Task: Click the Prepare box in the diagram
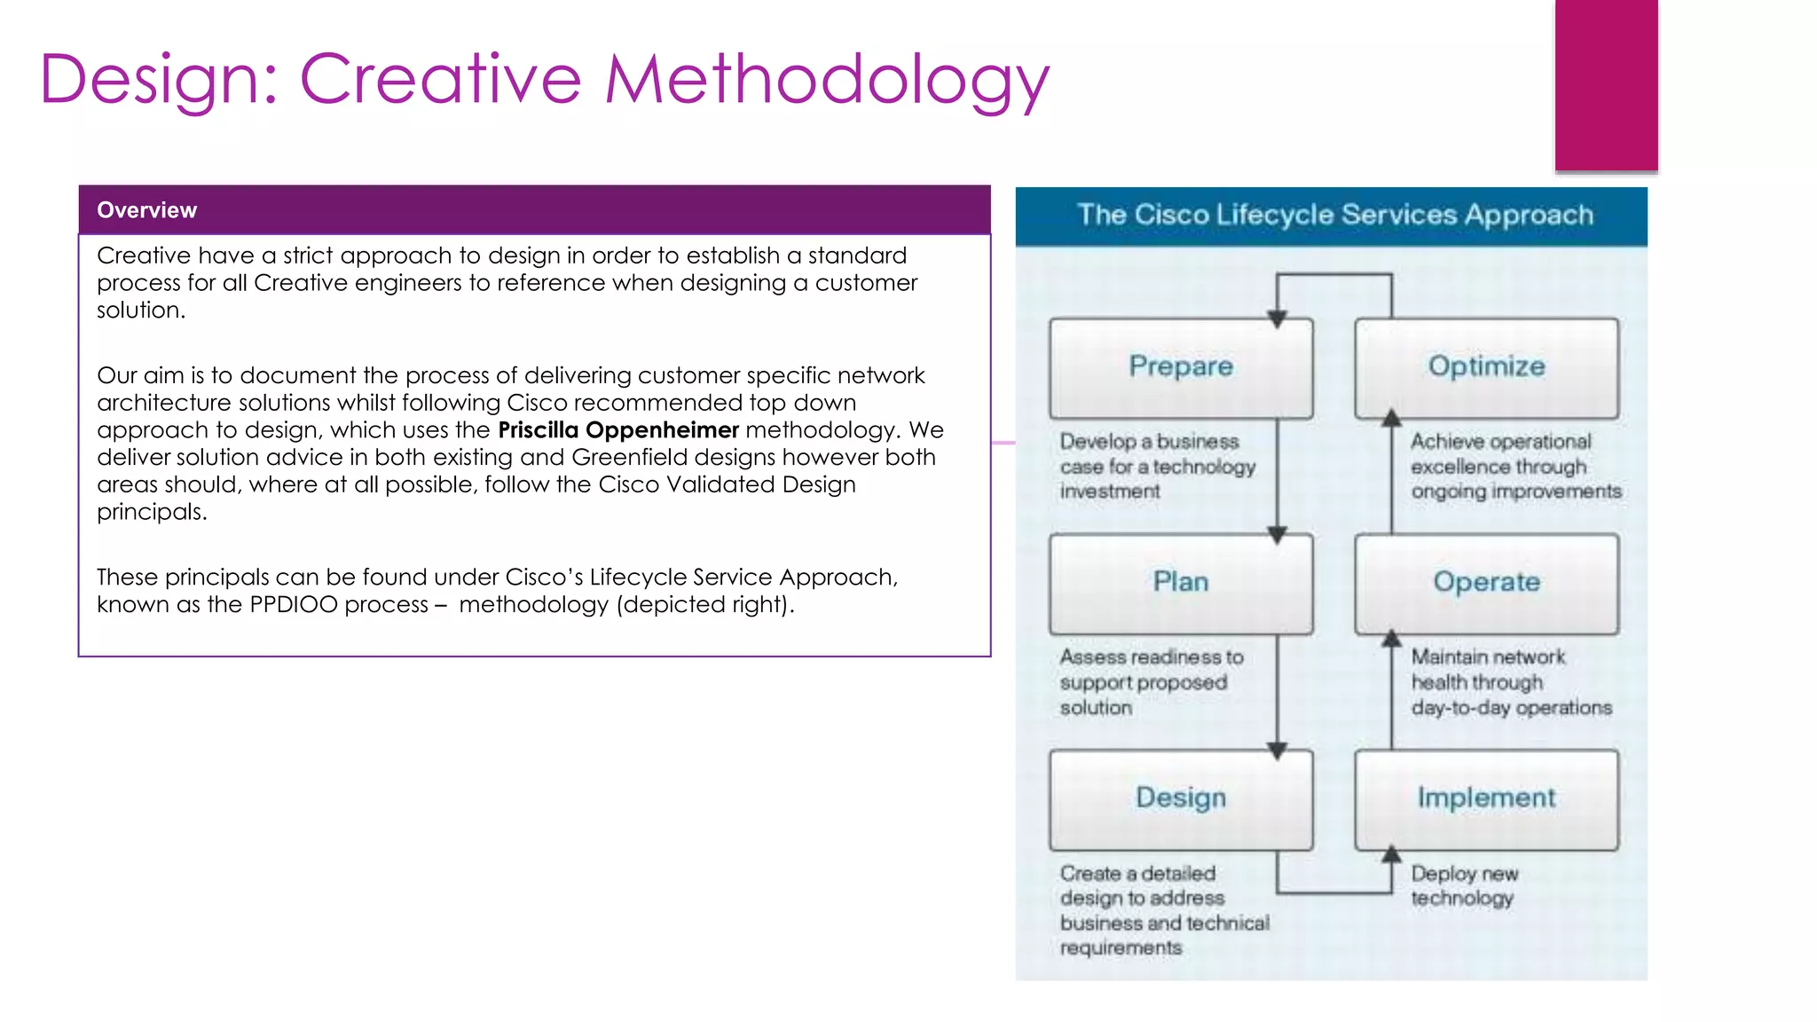tap(1180, 367)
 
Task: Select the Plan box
tap(1180, 583)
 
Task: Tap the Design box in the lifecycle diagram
tap(1180, 798)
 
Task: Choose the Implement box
tap(1486, 798)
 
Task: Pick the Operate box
tap(1486, 583)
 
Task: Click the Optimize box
tap(1486, 367)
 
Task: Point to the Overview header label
tap(147, 210)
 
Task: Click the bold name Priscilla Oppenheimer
tap(617, 430)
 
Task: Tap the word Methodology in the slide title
tap(827, 80)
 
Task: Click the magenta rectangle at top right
tap(1606, 84)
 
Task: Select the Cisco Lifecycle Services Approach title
tap(1334, 216)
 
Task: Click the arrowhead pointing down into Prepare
tap(1277, 318)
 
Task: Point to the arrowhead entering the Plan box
tap(1277, 535)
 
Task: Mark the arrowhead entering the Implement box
tap(1391, 854)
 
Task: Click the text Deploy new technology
tap(1464, 885)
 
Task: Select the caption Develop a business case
tap(1156, 466)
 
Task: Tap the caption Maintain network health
tap(1510, 681)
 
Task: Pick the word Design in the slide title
tap(149, 80)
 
